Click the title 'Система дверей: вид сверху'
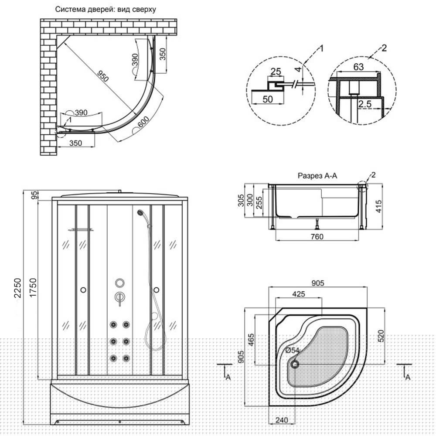(x=106, y=10)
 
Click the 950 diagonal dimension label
(x=103, y=76)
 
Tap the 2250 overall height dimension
(x=18, y=288)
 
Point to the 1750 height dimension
(x=33, y=288)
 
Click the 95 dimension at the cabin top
(x=34, y=195)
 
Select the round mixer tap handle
(x=120, y=283)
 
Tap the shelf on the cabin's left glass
(x=81, y=230)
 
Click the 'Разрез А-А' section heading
(x=317, y=176)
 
